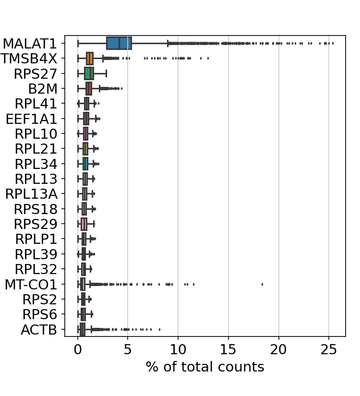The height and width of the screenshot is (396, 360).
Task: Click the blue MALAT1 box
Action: coord(119,43)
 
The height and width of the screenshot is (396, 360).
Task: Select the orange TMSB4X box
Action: coord(90,59)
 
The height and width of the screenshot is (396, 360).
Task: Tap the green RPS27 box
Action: coord(89,73)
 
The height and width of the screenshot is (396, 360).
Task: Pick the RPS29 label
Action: coord(36,224)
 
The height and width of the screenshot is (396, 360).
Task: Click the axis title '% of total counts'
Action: coord(205,367)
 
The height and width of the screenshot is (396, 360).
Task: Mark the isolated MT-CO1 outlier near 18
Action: coord(263,284)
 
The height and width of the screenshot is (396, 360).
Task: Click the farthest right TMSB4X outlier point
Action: coord(208,59)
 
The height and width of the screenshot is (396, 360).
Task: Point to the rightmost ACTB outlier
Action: coord(159,329)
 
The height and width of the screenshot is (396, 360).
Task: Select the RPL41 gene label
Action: coord(36,104)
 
